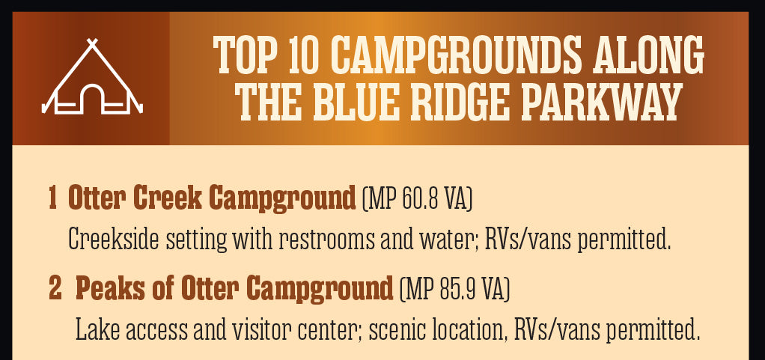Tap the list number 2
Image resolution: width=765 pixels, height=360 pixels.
[x=55, y=288]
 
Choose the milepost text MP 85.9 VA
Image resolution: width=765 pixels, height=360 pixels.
[x=454, y=289]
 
